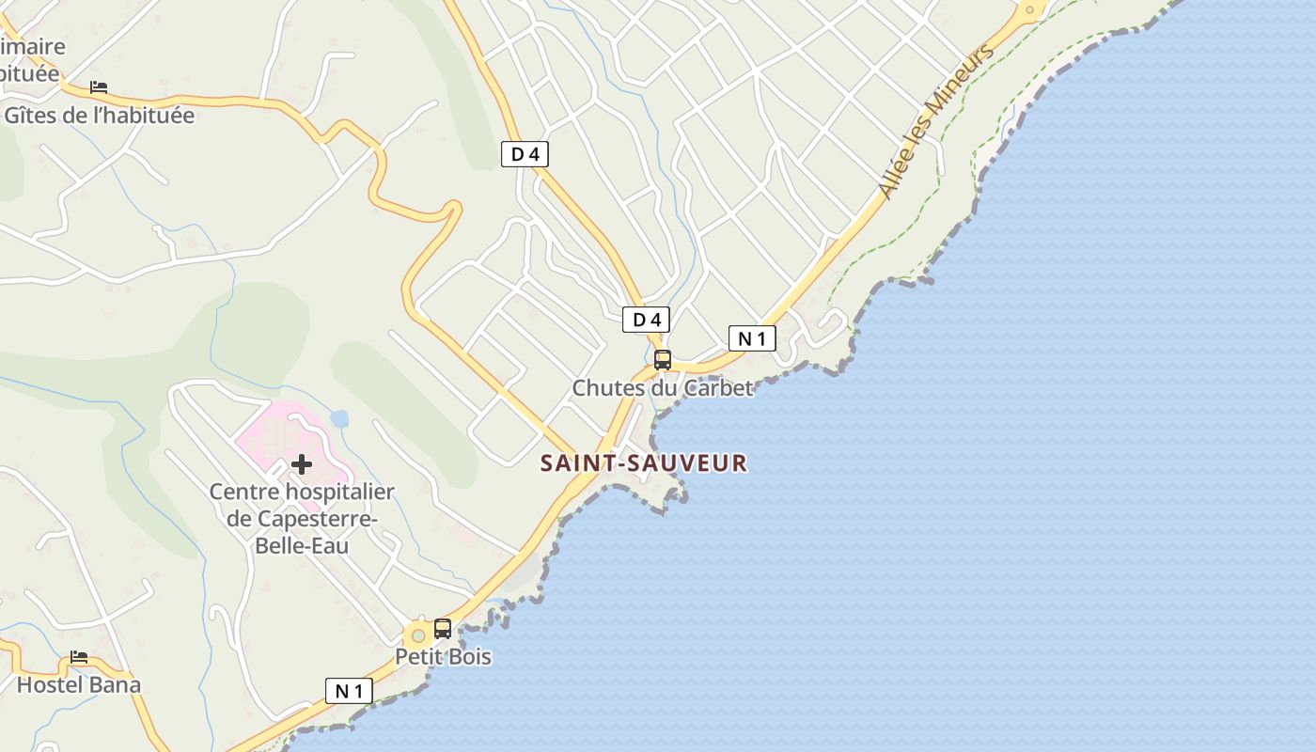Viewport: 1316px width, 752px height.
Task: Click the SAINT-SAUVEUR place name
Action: tap(644, 462)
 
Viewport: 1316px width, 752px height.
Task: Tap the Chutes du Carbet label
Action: tap(663, 387)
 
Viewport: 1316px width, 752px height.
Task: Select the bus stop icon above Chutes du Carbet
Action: tap(663, 359)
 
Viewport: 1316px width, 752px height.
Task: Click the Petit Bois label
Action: tap(443, 656)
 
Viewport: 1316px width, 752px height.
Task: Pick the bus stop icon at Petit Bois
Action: tap(443, 628)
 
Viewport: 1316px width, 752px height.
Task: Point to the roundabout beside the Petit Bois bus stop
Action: tap(418, 636)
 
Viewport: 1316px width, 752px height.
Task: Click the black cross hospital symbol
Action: tap(302, 463)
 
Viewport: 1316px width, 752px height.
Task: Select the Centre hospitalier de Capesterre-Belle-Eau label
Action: tap(301, 518)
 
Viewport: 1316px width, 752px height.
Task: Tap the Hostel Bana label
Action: tap(79, 684)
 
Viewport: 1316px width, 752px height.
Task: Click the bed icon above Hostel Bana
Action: tap(79, 657)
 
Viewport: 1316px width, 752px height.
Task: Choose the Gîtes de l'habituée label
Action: tap(100, 116)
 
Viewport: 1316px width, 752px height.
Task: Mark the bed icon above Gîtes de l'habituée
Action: tap(99, 87)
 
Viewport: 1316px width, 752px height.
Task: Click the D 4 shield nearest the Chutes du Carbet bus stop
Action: tap(646, 320)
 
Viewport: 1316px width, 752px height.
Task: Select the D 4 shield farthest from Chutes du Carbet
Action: tap(525, 154)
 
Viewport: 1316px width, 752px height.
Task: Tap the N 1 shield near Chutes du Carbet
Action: tap(752, 338)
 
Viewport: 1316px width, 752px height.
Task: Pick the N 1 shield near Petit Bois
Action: tap(349, 691)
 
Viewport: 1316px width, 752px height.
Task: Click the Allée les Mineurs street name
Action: tap(936, 122)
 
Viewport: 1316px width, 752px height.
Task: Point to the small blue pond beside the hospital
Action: tap(339, 418)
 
